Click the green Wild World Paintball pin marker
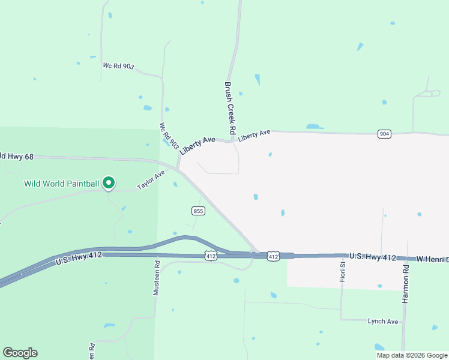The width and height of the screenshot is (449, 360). [108, 182]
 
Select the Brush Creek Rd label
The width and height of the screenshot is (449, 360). [229, 108]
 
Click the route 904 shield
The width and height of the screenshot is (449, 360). [384, 133]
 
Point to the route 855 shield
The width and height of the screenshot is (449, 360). [199, 211]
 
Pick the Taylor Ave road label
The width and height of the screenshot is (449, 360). [151, 179]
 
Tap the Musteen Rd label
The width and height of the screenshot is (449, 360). [156, 277]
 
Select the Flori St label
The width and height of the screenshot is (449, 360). [343, 272]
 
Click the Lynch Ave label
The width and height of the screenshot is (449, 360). [383, 322]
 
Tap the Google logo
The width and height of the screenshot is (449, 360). [20, 353]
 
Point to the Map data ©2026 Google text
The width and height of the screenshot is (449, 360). [411, 355]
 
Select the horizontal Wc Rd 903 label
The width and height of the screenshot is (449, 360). [118, 66]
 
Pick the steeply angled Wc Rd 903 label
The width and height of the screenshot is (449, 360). [169, 136]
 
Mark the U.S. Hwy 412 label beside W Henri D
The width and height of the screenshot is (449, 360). [373, 257]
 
